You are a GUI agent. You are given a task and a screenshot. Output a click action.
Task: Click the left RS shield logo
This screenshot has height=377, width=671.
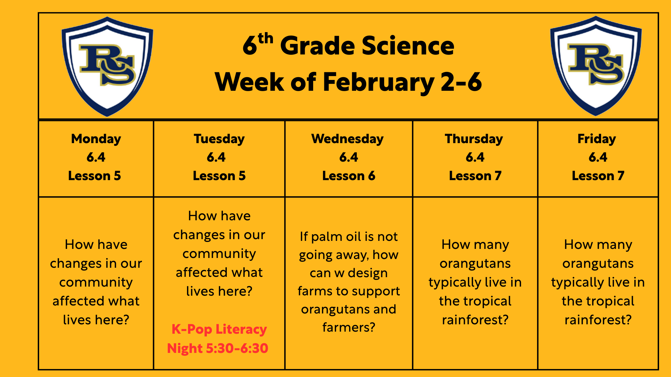pyautogui.click(x=107, y=66)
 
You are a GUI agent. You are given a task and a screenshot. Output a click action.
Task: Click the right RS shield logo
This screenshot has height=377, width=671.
pyautogui.click(x=596, y=66)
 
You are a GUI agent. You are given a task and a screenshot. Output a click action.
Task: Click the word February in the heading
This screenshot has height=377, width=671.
pyautogui.click(x=378, y=82)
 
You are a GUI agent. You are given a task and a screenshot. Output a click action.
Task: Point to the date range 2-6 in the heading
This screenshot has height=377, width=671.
pyautogui.click(x=461, y=82)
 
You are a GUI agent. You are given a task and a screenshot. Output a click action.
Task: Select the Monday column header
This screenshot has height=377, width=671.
pyautogui.click(x=96, y=139)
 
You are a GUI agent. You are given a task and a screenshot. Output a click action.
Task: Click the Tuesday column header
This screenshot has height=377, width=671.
pyautogui.click(x=219, y=139)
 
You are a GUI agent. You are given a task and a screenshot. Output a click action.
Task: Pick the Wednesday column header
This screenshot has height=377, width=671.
pyautogui.click(x=347, y=139)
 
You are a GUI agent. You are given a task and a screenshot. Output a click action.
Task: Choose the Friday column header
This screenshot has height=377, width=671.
pyautogui.click(x=597, y=139)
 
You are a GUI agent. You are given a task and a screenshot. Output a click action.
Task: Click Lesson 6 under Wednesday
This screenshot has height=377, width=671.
pyautogui.click(x=348, y=176)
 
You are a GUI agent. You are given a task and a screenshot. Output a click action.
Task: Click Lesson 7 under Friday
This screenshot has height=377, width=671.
pyautogui.click(x=598, y=176)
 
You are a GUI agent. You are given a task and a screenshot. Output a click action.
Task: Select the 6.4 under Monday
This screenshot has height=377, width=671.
pyautogui.click(x=96, y=157)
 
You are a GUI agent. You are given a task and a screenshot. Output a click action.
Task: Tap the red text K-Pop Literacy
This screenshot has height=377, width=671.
pyautogui.click(x=219, y=329)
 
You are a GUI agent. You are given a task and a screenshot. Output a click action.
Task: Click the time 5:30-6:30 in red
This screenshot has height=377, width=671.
pyautogui.click(x=237, y=348)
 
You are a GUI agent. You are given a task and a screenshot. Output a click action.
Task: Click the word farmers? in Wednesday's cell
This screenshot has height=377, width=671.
pyautogui.click(x=348, y=327)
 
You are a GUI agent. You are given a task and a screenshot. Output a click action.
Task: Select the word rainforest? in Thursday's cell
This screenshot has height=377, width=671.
pyautogui.click(x=475, y=320)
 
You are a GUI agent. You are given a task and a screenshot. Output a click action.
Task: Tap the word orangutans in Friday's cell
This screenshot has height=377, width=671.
pyautogui.click(x=598, y=264)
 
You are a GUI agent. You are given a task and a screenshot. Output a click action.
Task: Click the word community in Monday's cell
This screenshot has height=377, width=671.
pyautogui.click(x=96, y=282)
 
